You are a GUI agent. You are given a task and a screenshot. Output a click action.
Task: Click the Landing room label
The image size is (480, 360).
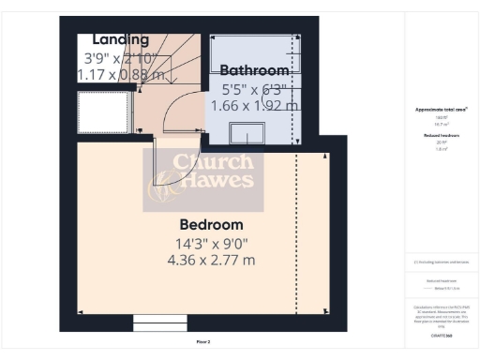tap(121, 39)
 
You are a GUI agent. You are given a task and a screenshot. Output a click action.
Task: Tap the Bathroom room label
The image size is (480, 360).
tap(254, 70)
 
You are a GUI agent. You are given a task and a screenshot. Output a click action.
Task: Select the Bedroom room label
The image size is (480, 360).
tap(211, 225)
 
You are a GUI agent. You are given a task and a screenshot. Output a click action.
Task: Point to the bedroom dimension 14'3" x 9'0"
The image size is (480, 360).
tap(210, 244)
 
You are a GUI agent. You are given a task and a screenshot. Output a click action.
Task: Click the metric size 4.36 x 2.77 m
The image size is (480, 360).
tap(210, 261)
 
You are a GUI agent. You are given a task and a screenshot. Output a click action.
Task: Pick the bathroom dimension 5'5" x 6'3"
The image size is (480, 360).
tap(253, 89)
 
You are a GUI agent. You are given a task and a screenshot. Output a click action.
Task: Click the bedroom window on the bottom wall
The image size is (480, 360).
tap(160, 324)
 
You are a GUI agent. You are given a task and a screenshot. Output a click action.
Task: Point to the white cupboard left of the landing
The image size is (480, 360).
tap(102, 113)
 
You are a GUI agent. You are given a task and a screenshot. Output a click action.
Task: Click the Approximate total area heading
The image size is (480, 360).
tap(441, 110)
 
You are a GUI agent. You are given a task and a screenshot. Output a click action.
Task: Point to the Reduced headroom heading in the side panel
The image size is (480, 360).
tap(441, 136)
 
